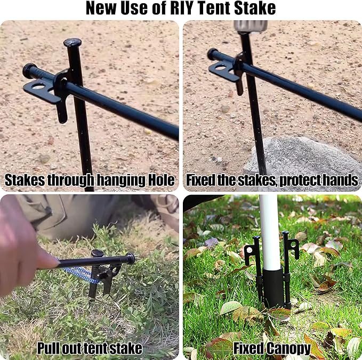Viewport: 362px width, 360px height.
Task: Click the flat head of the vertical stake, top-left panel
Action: (x=73, y=42)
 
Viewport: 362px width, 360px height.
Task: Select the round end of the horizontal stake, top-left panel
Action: (x=28, y=70)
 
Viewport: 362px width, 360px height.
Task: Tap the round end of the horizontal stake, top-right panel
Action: (x=212, y=54)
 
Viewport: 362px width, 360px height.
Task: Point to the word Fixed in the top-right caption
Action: (x=201, y=181)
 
